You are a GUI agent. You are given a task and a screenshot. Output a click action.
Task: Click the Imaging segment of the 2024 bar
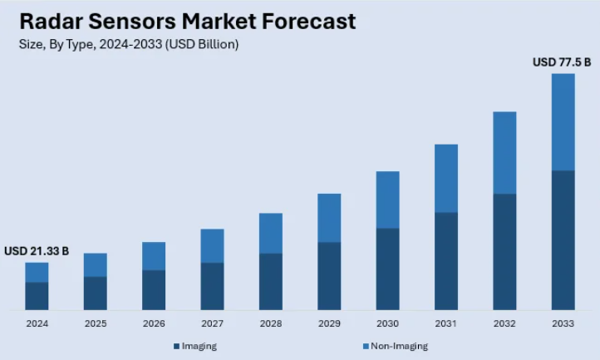pos(37,295)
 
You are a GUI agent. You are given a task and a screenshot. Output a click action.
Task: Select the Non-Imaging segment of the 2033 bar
pos(563,121)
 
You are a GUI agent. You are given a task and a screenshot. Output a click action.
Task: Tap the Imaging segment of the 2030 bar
pos(388,269)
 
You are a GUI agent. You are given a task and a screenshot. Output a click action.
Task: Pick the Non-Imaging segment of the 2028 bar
pos(271,233)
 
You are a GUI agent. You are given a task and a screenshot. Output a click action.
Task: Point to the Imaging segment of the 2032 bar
pos(505,251)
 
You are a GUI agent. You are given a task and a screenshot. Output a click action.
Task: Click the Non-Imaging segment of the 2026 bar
pos(154,256)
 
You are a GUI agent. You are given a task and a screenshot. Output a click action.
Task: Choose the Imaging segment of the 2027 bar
pos(212,286)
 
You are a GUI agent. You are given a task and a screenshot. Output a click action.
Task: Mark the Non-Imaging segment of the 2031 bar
pos(446,178)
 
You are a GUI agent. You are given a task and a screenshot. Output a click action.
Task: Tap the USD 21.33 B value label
pos(37,251)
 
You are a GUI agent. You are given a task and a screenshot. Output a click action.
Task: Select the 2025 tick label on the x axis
pos(96,323)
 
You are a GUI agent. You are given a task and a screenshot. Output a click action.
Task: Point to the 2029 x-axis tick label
pos(329,323)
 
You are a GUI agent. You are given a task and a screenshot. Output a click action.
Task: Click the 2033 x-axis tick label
pos(563,323)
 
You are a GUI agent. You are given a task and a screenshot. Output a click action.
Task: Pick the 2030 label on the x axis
pos(388,323)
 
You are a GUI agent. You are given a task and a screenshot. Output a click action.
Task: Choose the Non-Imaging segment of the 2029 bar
pos(329,218)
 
